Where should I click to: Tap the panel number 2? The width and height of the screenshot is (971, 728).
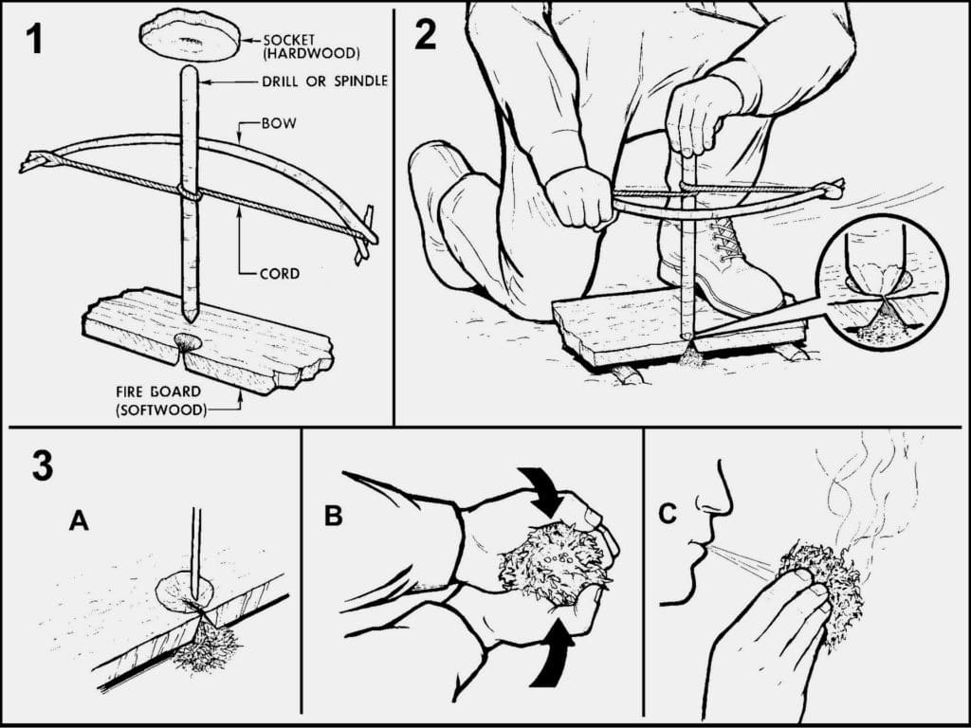pyautogui.click(x=426, y=35)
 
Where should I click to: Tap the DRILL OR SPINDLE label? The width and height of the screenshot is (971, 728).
pyautogui.click(x=325, y=82)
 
